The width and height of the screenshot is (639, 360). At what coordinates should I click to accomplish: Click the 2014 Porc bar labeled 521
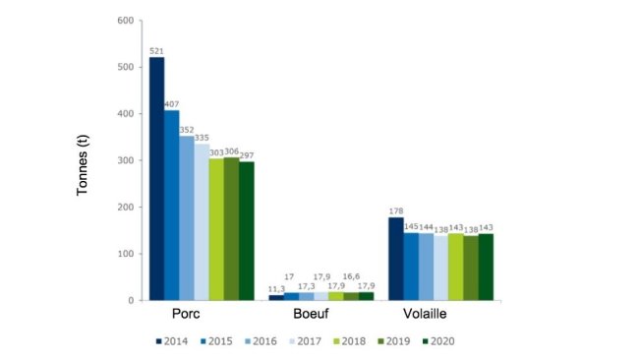pyautogui.click(x=156, y=178)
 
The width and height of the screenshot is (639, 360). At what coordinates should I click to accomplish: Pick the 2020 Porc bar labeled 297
pyautogui.click(x=246, y=230)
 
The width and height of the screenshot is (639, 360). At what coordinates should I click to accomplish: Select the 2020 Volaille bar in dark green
pyautogui.click(x=486, y=267)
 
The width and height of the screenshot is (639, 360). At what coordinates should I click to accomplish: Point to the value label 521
pyautogui.click(x=156, y=50)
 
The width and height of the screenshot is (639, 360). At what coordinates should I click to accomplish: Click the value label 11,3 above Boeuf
pyautogui.click(x=276, y=288)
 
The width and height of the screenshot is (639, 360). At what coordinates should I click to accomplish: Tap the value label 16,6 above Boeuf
pyautogui.click(x=351, y=277)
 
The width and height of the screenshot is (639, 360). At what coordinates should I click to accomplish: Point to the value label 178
pyautogui.click(x=395, y=210)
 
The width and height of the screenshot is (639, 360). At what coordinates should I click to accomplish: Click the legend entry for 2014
pyautogui.click(x=174, y=341)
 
